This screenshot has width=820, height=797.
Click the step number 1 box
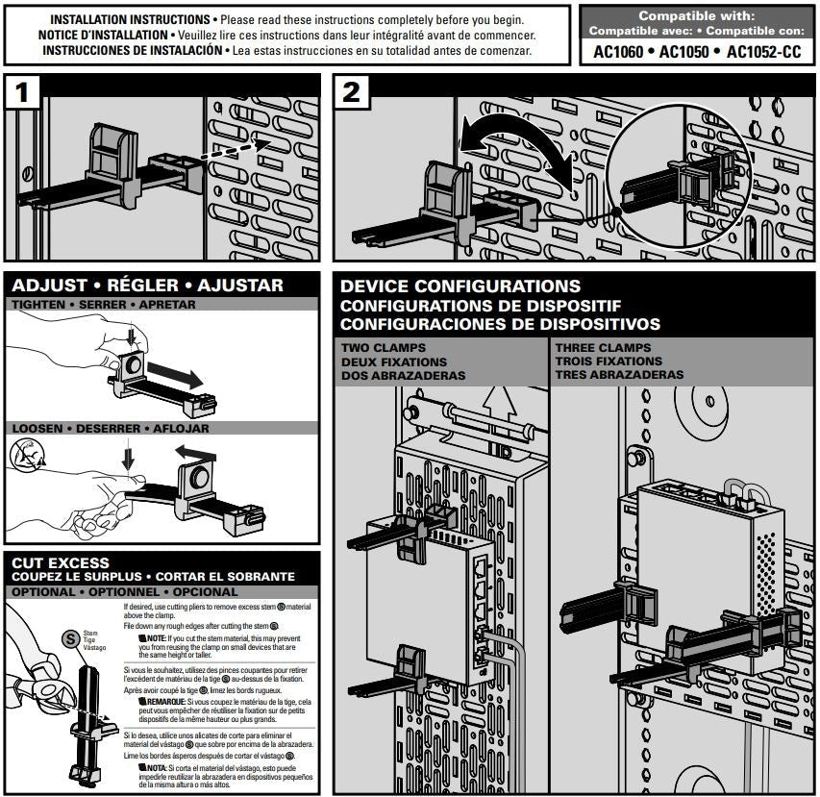tap(27, 93)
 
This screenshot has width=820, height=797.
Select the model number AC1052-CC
tap(763, 52)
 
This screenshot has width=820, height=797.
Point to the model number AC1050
tap(689, 52)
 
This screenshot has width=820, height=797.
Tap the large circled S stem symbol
tap(68, 638)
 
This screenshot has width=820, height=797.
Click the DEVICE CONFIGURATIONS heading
tap(460, 286)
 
